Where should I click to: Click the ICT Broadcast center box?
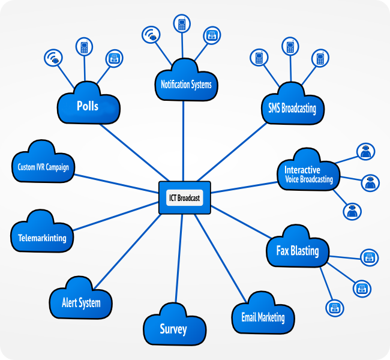coord(185,197)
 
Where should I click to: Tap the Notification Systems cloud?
coord(186,85)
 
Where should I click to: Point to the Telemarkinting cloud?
coord(38,238)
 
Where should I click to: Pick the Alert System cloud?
coord(81,302)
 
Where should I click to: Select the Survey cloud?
coord(173,329)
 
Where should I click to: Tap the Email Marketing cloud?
coord(263,317)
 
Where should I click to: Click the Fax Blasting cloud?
coord(297,251)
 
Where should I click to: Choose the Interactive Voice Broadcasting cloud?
coord(308,175)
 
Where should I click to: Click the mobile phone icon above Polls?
coord(84,47)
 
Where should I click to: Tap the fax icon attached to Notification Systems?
coord(212,35)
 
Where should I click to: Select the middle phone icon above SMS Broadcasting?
coord(290,47)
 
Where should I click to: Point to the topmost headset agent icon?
coord(364,152)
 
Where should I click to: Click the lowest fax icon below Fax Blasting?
coord(334,308)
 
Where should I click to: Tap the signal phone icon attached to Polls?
coord(54,58)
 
